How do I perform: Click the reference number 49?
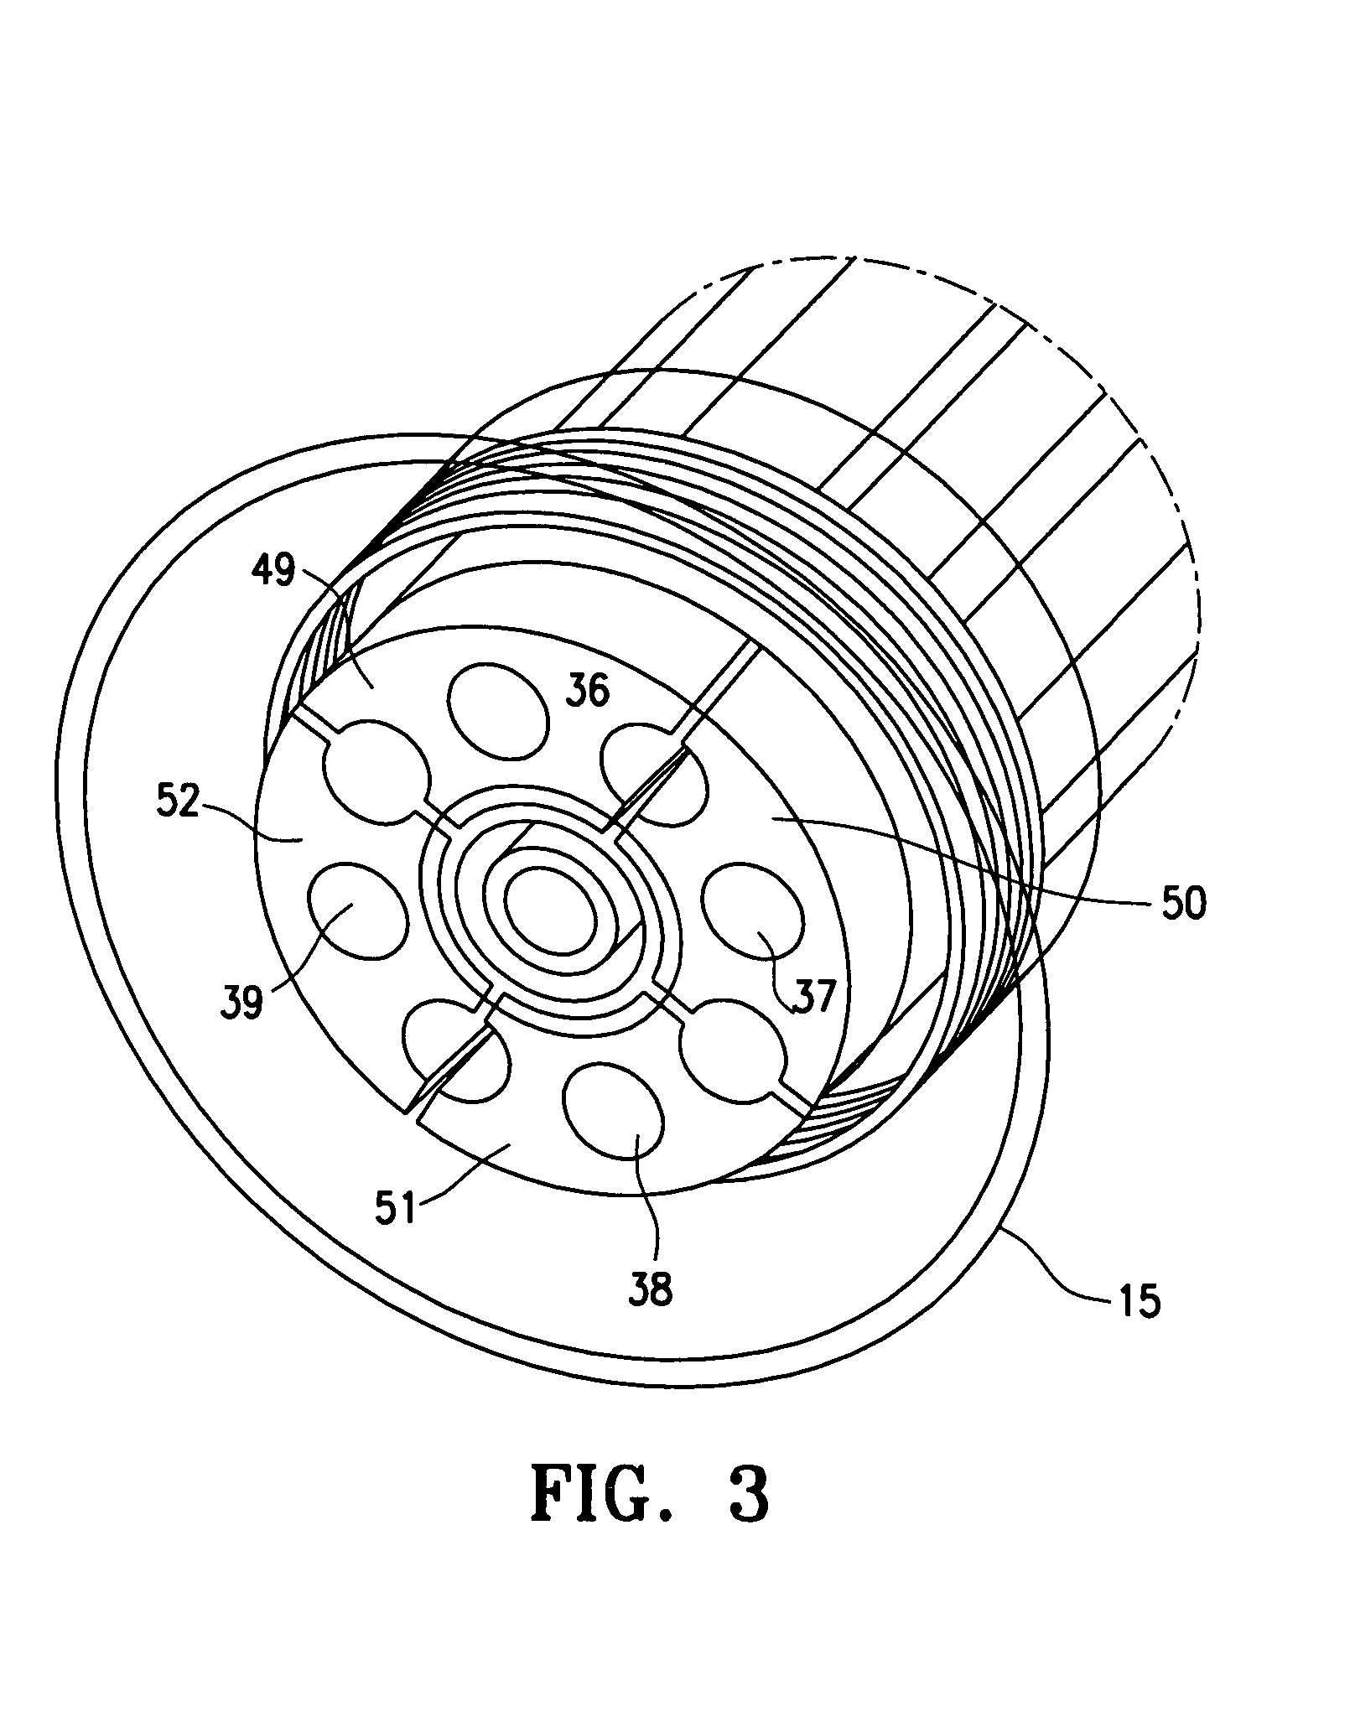click(273, 573)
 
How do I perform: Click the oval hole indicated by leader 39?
click(359, 909)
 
